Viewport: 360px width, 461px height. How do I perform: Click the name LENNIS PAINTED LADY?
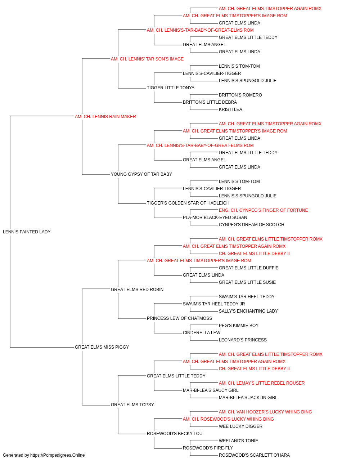[x=27, y=232]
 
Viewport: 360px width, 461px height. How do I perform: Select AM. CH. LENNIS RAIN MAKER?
[x=105, y=117]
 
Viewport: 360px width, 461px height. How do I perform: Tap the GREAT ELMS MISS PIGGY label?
[x=102, y=347]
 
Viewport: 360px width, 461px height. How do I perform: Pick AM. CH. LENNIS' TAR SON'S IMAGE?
[x=147, y=59]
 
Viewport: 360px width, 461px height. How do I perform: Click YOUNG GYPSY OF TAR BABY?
[x=141, y=174]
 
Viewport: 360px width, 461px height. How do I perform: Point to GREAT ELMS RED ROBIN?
[x=137, y=289]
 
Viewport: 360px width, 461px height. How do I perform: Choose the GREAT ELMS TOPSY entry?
[x=132, y=404]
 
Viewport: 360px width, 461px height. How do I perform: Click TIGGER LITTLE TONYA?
[x=171, y=88]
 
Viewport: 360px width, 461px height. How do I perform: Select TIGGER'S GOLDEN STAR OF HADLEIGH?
[x=188, y=203]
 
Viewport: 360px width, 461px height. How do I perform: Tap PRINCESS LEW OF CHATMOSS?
[x=179, y=318]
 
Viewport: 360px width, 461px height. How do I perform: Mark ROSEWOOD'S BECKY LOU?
[x=175, y=433]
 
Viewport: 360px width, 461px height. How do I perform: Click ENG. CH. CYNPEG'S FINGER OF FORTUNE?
[x=263, y=210]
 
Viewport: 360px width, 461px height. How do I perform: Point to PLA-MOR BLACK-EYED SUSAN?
[x=215, y=218]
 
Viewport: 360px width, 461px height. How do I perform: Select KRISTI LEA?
[x=230, y=109]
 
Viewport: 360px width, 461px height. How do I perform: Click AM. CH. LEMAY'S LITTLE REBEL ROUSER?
[x=262, y=383]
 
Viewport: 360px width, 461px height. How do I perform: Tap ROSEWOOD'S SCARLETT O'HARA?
[x=254, y=455]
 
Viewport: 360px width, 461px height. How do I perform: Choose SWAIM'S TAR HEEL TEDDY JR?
[x=214, y=304]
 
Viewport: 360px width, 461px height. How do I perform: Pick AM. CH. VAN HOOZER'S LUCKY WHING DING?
[x=265, y=412]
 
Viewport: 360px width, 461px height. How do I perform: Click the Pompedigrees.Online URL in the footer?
[x=58, y=455]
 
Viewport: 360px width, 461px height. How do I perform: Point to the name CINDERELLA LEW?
[x=202, y=333]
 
